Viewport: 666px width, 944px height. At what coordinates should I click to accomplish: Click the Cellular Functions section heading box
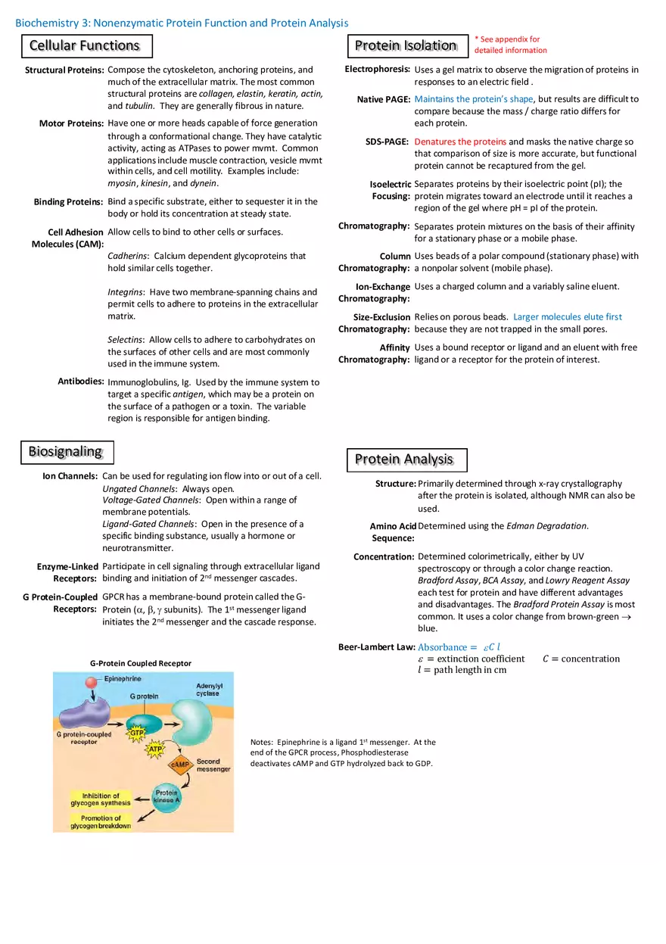tap(86, 46)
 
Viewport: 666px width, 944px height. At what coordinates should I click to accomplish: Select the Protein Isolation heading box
tap(406, 46)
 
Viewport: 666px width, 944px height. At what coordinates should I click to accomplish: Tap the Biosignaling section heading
tap(66, 452)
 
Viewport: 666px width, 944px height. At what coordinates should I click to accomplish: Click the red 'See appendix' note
tap(510, 45)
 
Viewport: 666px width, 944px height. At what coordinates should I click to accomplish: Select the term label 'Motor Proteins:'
tap(71, 123)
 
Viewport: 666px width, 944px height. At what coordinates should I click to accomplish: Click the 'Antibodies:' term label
tap(80, 382)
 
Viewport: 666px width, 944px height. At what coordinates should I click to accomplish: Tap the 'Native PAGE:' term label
tap(383, 99)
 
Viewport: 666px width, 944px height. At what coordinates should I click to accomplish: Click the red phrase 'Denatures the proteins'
tap(460, 142)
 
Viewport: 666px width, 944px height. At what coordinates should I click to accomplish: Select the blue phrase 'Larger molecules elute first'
tap(567, 317)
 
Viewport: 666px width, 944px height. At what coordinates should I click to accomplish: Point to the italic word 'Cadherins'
tap(126, 256)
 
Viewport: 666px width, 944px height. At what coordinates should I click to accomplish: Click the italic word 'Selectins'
tap(126, 340)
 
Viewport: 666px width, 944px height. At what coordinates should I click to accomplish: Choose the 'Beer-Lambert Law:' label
tap(376, 647)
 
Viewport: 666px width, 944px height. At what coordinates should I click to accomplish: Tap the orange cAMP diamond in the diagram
tap(180, 765)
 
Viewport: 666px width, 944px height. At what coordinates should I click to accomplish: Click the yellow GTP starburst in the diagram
tap(137, 733)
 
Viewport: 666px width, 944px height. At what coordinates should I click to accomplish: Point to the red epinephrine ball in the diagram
tap(91, 683)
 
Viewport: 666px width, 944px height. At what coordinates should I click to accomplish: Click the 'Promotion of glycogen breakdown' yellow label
tap(101, 822)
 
